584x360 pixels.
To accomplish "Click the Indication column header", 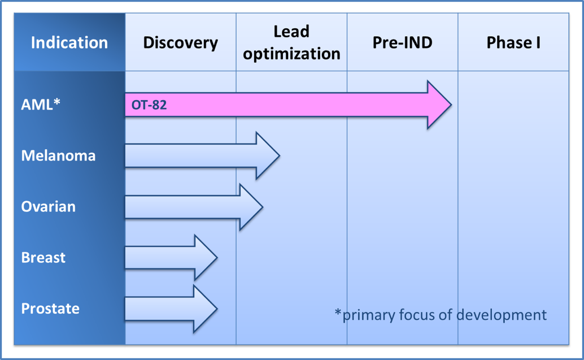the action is (69, 42).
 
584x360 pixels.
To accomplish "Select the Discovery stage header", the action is (181, 43).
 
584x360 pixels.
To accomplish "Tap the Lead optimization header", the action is (291, 42).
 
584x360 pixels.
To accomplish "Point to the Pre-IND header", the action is (402, 42).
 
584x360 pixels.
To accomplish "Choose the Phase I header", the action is (513, 42).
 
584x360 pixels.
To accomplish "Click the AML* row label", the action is (41, 105).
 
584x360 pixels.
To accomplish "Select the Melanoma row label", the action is (59, 155).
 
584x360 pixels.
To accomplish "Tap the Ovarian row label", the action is (49, 206).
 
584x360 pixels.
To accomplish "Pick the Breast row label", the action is (43, 258).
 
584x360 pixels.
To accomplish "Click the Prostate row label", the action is (50, 309).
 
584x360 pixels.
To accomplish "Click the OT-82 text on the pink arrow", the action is (149, 105).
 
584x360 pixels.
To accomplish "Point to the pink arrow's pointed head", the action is (451, 105).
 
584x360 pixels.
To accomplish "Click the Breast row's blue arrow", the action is (171, 258).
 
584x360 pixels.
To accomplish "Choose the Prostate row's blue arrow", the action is (171, 309).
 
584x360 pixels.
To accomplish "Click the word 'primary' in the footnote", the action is (369, 315).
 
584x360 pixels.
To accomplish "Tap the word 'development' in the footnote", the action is (502, 315).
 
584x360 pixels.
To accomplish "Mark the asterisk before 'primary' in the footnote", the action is (338, 313).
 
